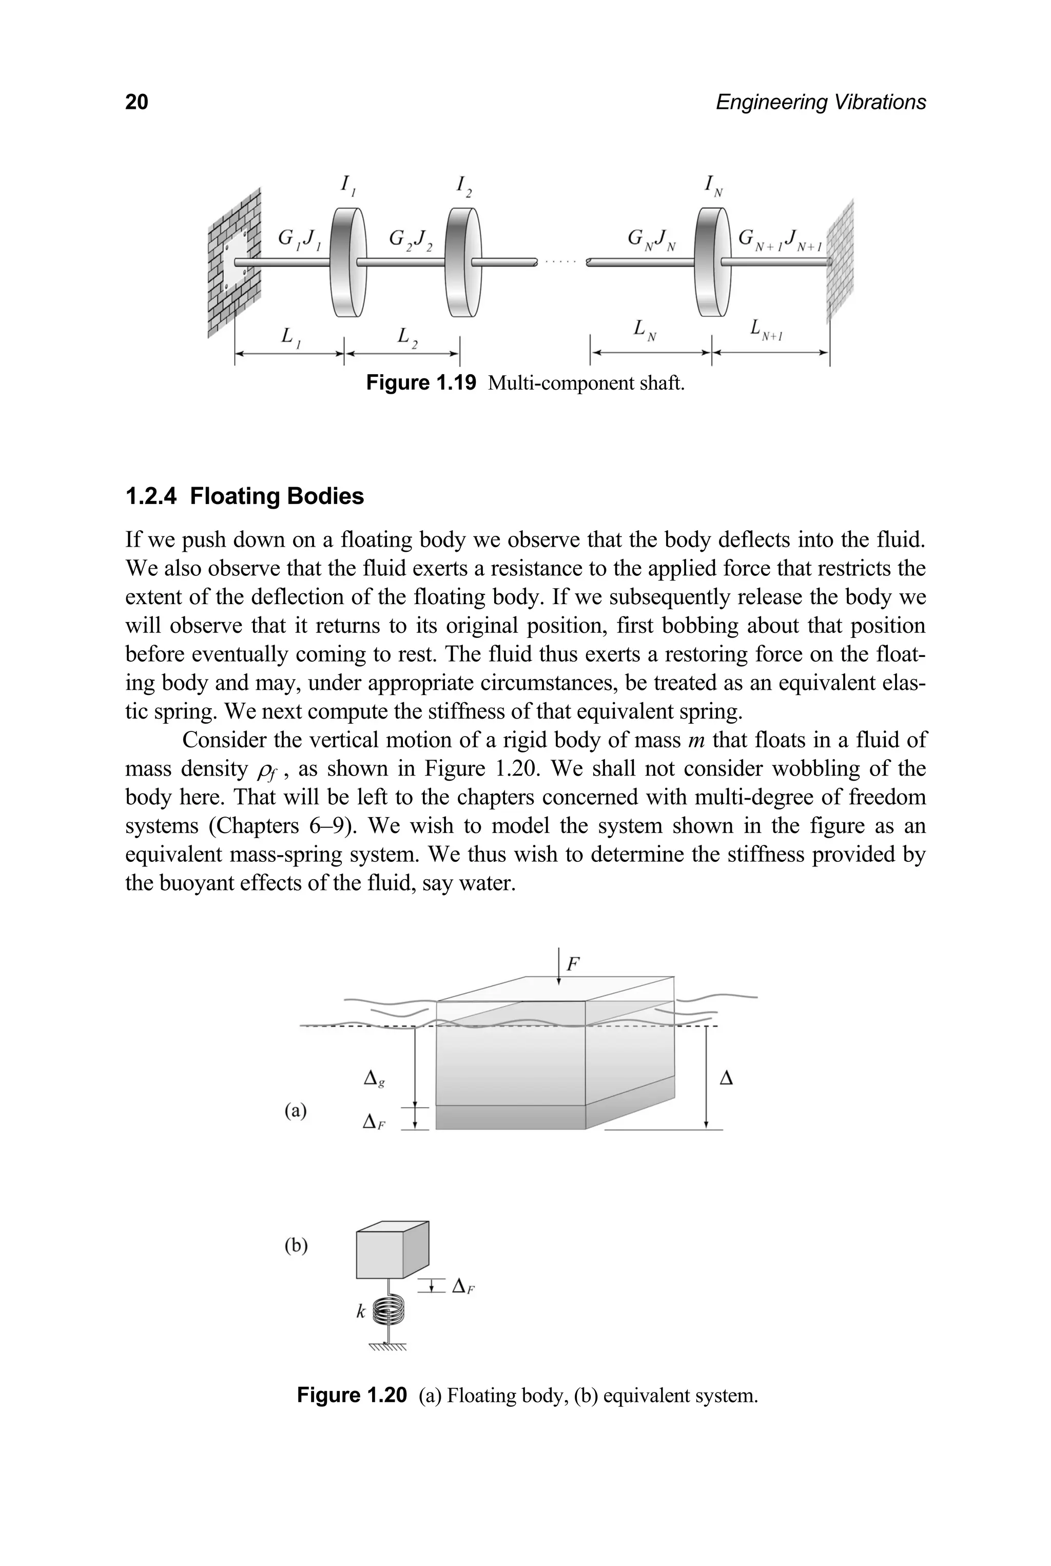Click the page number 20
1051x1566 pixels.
click(x=137, y=102)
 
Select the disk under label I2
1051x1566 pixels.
click(x=463, y=262)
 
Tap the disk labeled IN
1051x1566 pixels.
click(x=712, y=262)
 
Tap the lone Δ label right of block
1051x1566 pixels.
click(x=725, y=1078)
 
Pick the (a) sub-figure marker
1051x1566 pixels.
click(x=296, y=1111)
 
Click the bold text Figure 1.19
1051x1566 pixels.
click(x=421, y=383)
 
